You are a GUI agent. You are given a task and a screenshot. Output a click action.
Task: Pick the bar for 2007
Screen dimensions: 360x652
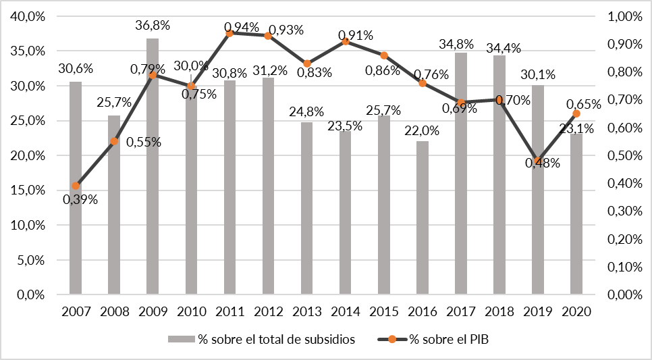76,188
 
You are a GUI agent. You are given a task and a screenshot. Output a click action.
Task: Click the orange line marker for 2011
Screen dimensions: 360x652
229,32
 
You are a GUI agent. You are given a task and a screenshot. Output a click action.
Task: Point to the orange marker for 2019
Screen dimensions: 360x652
538,161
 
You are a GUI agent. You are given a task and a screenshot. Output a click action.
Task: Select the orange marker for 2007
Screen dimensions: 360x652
76,186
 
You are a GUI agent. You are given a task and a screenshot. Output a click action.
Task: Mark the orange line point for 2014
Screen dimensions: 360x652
346,41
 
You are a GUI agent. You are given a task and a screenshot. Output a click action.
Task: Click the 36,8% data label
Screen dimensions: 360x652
153,26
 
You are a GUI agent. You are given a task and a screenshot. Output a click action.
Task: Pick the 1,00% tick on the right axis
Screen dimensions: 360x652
626,16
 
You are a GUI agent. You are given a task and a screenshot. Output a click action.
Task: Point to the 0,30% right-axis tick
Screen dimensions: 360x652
626,211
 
